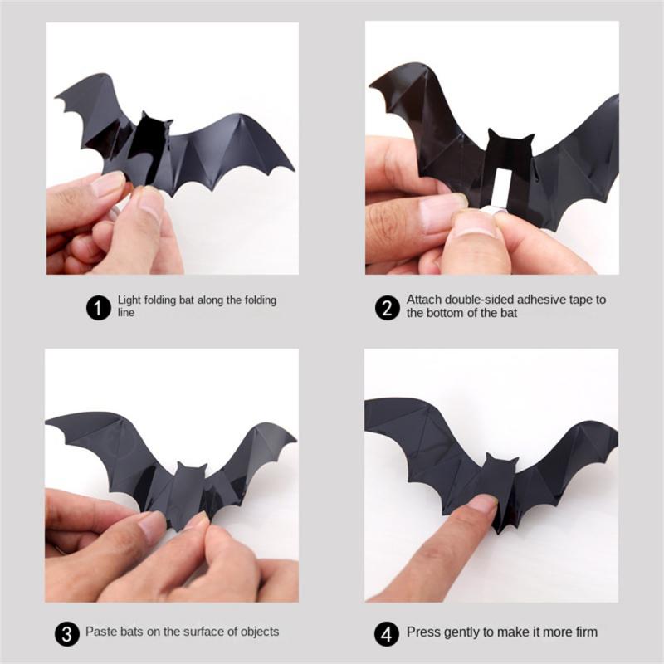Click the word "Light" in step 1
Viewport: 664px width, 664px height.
[x=129, y=300]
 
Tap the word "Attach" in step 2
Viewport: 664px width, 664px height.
[x=422, y=300]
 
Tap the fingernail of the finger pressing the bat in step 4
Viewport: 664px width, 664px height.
[x=482, y=504]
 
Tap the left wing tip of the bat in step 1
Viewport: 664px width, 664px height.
[x=60, y=106]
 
